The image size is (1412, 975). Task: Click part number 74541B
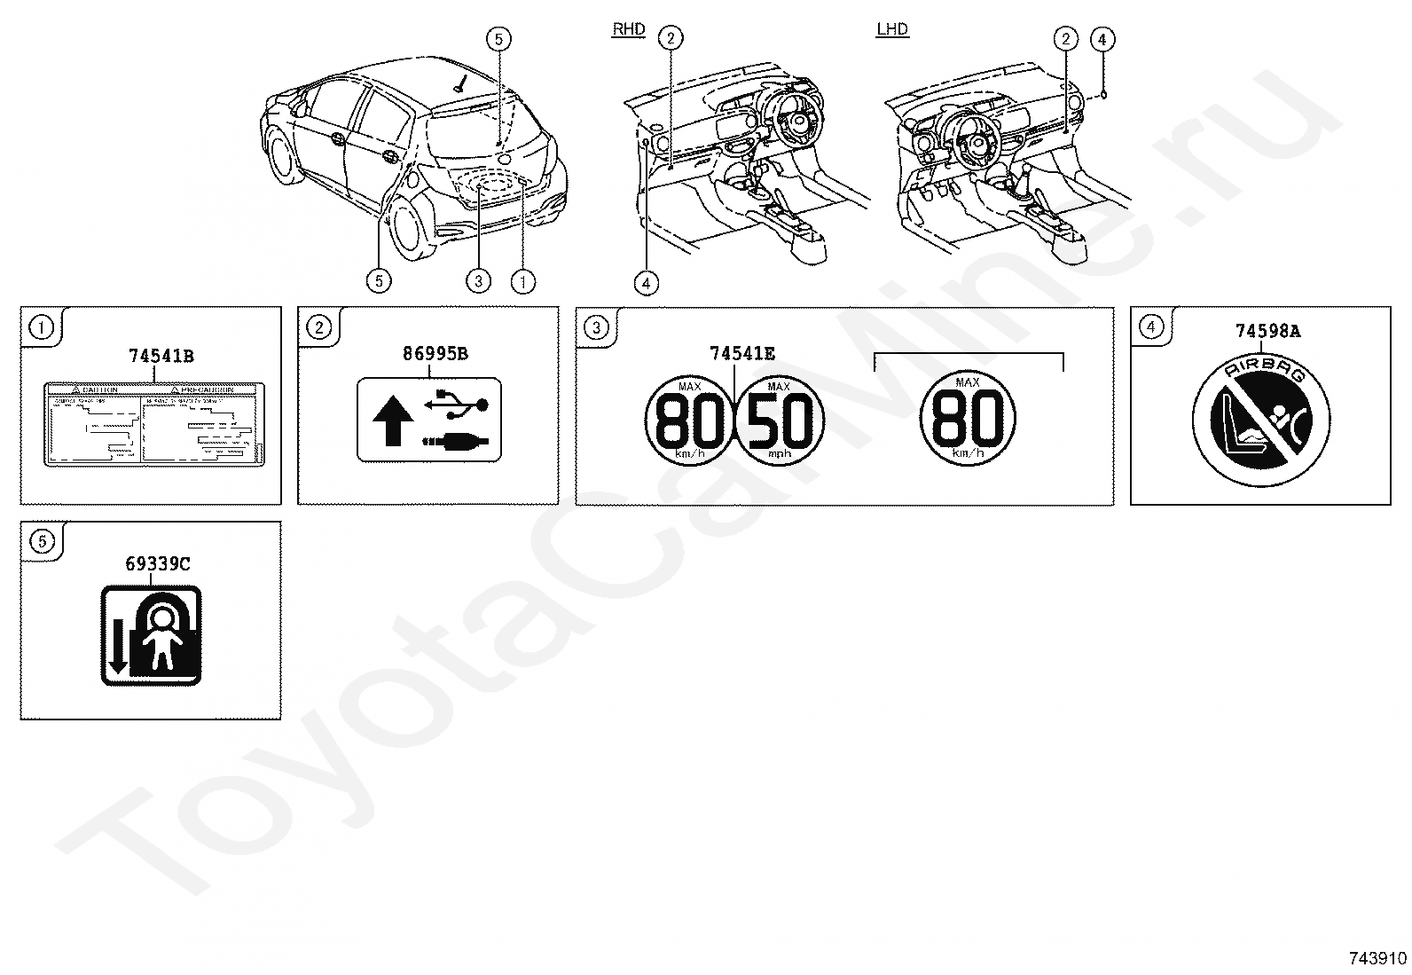pyautogui.click(x=161, y=357)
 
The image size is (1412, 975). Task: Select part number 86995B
pyautogui.click(x=435, y=353)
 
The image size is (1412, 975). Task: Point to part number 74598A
pyautogui.click(x=1267, y=331)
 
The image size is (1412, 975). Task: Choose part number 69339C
pyautogui.click(x=158, y=563)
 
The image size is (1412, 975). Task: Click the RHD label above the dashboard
pyautogui.click(x=628, y=29)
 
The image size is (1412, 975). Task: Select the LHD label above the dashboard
pyautogui.click(x=891, y=29)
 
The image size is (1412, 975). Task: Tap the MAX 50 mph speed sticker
pyautogui.click(x=780, y=419)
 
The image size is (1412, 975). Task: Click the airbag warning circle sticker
pyautogui.click(x=1261, y=415)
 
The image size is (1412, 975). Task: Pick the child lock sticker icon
pyautogui.click(x=151, y=635)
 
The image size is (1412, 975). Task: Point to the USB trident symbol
pyautogui.click(x=456, y=403)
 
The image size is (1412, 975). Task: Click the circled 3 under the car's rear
pyautogui.click(x=477, y=281)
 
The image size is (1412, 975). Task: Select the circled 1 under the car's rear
pyautogui.click(x=523, y=281)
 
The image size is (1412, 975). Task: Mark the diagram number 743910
pyautogui.click(x=1377, y=958)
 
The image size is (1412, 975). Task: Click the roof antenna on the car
pyautogui.click(x=459, y=85)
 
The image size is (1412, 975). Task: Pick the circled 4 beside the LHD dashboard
pyautogui.click(x=1101, y=39)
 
